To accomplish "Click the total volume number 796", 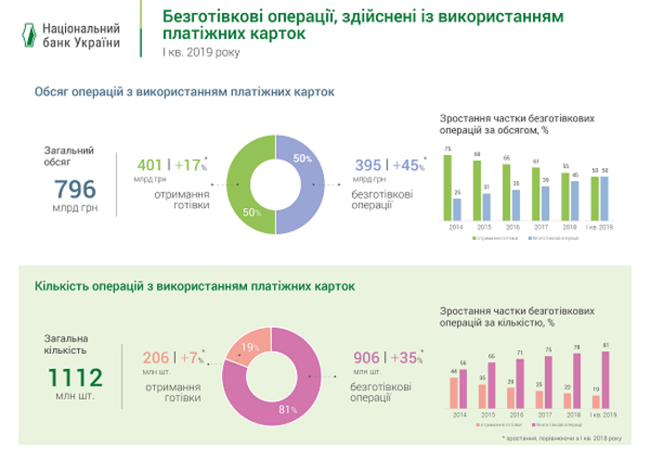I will click(x=75, y=189).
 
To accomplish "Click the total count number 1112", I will click(x=75, y=376).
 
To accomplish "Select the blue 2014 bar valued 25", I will click(x=458, y=206).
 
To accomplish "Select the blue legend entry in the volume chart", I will click(x=553, y=238).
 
